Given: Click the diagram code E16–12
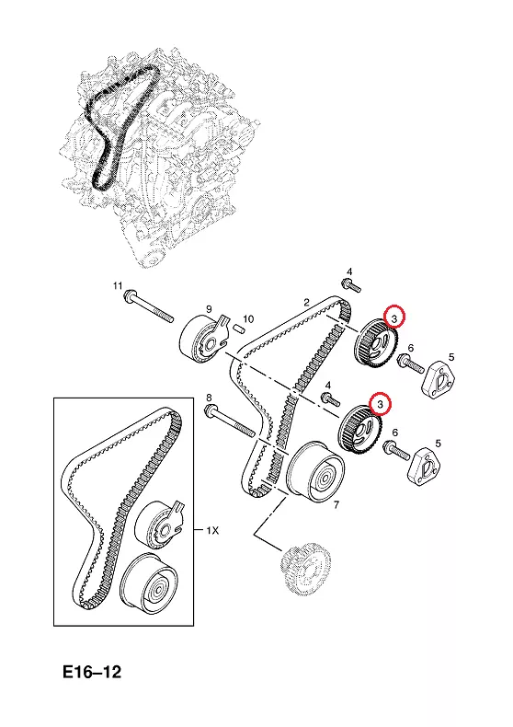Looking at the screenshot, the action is [92, 673].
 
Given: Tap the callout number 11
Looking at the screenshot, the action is [118, 284].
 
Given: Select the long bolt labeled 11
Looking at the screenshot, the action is [148, 306].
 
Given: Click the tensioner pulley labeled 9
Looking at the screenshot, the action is [204, 339].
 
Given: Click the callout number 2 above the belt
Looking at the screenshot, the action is [306, 303].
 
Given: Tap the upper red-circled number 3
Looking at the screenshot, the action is [394, 318].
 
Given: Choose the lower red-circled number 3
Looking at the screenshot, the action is [381, 404].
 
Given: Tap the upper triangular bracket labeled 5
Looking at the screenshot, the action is [438, 379].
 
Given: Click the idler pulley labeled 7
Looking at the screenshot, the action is [314, 470].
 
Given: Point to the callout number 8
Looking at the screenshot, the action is [209, 398].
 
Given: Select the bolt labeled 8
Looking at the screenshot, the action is [230, 421].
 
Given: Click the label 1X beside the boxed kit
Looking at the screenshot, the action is [212, 530].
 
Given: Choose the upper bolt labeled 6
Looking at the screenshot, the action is [410, 363].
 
